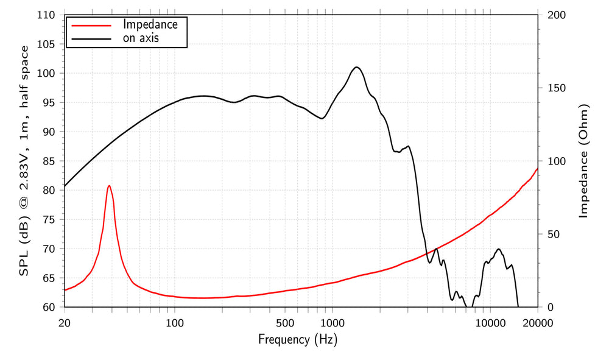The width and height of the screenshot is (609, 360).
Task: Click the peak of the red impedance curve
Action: [109, 186]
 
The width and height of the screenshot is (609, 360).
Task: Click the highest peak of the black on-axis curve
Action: [356, 67]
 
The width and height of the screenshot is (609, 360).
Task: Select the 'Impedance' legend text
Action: [150, 25]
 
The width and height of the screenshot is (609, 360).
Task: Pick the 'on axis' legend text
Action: [145, 39]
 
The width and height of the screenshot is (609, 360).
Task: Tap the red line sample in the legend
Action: [91, 26]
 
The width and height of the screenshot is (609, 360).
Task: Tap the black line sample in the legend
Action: [91, 39]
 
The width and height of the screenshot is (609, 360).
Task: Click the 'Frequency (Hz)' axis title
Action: [298, 339]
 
